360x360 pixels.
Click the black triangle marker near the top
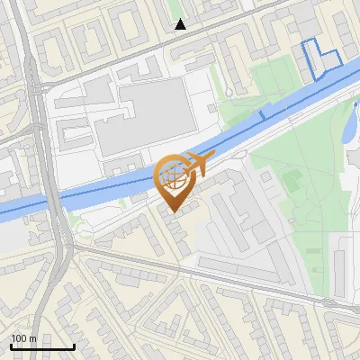coord(181,24)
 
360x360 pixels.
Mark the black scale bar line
coord(42,347)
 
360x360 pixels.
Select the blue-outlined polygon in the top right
coord(320,58)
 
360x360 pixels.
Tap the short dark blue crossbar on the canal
coord(262,114)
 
